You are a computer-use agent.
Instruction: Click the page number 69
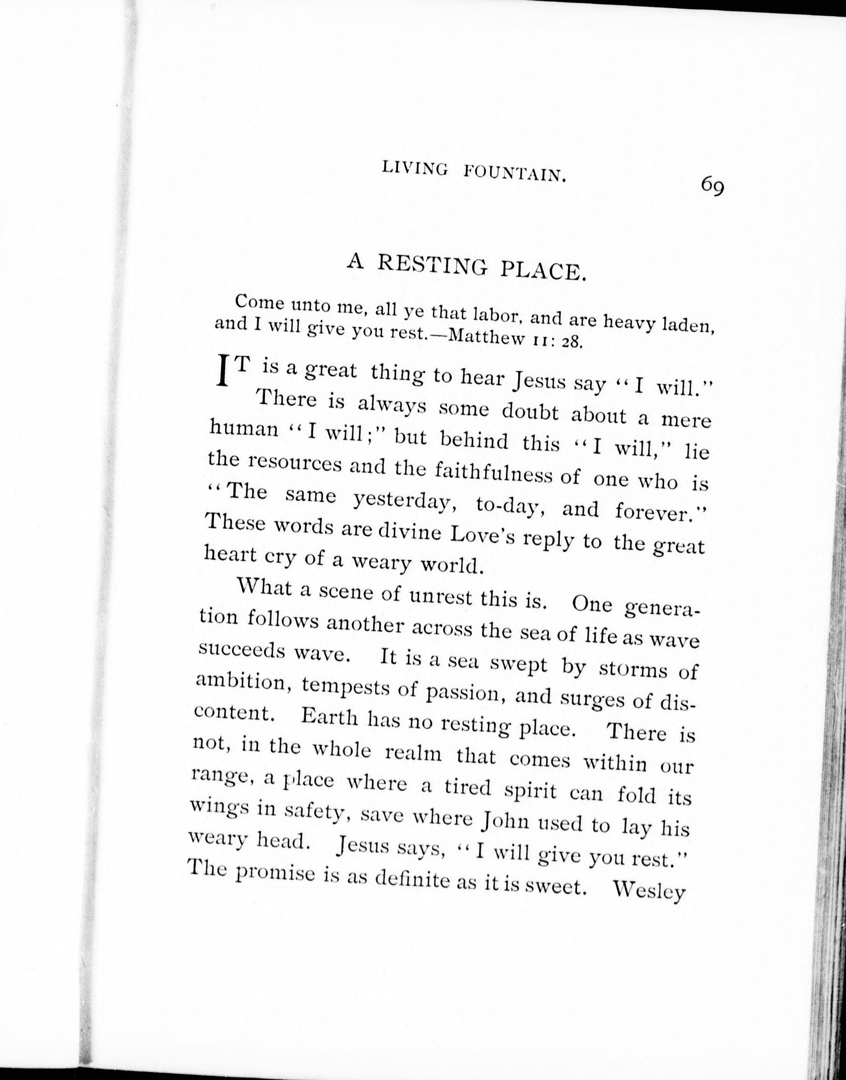click(x=713, y=187)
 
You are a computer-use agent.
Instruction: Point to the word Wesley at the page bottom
click(x=649, y=892)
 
